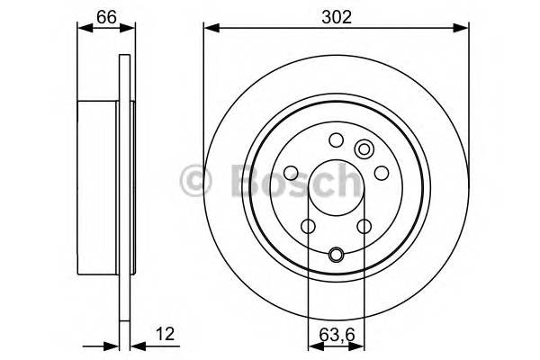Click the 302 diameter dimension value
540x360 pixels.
tap(336, 15)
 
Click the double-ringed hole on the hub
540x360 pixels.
tap(364, 149)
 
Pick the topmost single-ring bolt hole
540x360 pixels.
tap(336, 139)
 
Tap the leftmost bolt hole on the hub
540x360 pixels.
tap(291, 173)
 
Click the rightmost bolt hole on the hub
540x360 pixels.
tap(381, 172)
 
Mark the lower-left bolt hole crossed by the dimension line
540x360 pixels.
tap(308, 226)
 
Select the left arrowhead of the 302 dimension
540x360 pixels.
tap(210, 28)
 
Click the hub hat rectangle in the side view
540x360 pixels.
tap(100, 180)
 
